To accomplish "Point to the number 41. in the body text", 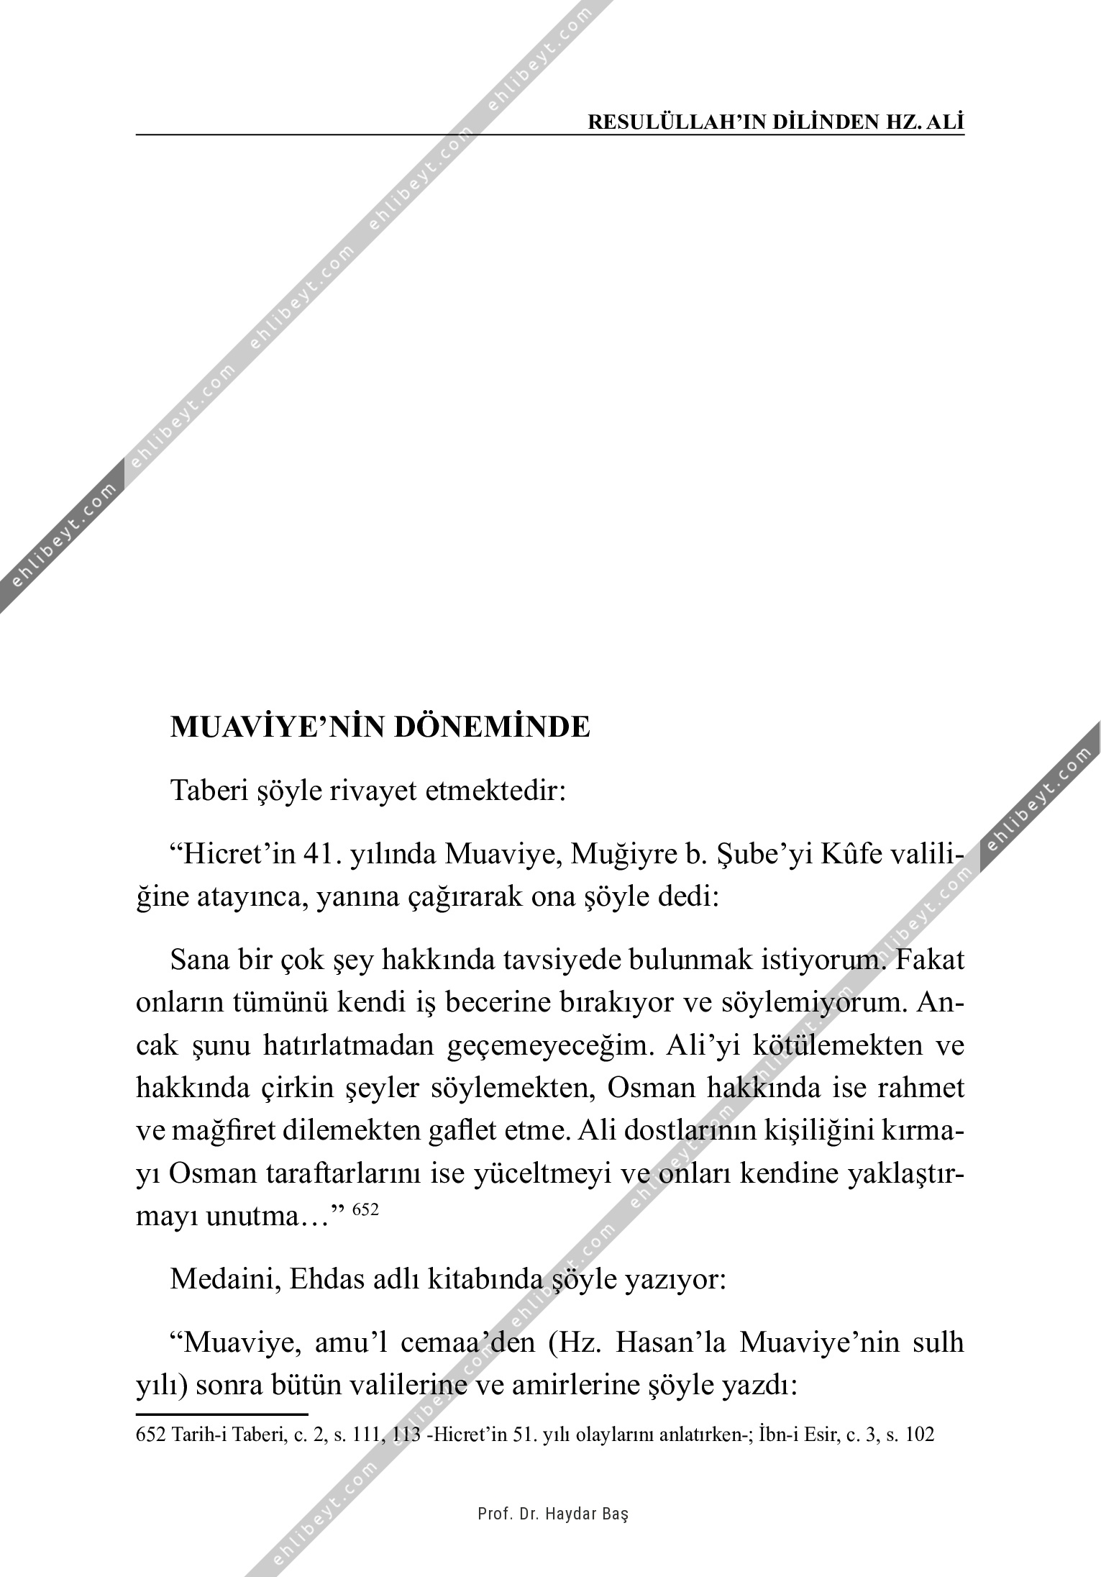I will point(327,856).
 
